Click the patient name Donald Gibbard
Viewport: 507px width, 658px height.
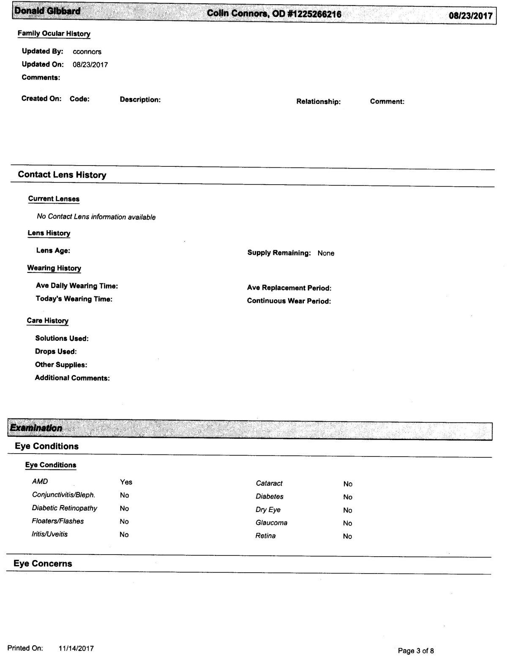click(47, 11)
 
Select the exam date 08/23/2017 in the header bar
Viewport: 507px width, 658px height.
click(471, 16)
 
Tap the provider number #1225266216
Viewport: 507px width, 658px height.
click(314, 14)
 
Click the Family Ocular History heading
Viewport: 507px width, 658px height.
click(54, 34)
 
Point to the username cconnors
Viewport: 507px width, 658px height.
click(87, 52)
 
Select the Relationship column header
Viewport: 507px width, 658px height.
click(318, 102)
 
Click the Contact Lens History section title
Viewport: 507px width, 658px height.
click(62, 175)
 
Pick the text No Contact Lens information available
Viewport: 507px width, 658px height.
click(96, 217)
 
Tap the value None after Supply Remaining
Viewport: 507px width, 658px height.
click(326, 253)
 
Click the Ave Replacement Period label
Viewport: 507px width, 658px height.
click(289, 288)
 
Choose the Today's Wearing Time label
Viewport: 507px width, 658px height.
click(74, 299)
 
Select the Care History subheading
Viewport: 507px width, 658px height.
click(47, 321)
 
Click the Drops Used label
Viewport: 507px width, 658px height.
click(56, 351)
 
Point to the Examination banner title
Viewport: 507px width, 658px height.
click(36, 428)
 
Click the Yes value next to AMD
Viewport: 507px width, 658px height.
click(126, 482)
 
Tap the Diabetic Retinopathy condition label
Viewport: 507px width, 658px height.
click(65, 508)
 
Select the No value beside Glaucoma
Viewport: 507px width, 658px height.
click(347, 523)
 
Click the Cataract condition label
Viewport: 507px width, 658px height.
click(269, 483)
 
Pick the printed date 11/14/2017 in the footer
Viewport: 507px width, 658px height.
click(76, 648)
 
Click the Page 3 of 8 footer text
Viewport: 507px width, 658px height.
click(416, 650)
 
